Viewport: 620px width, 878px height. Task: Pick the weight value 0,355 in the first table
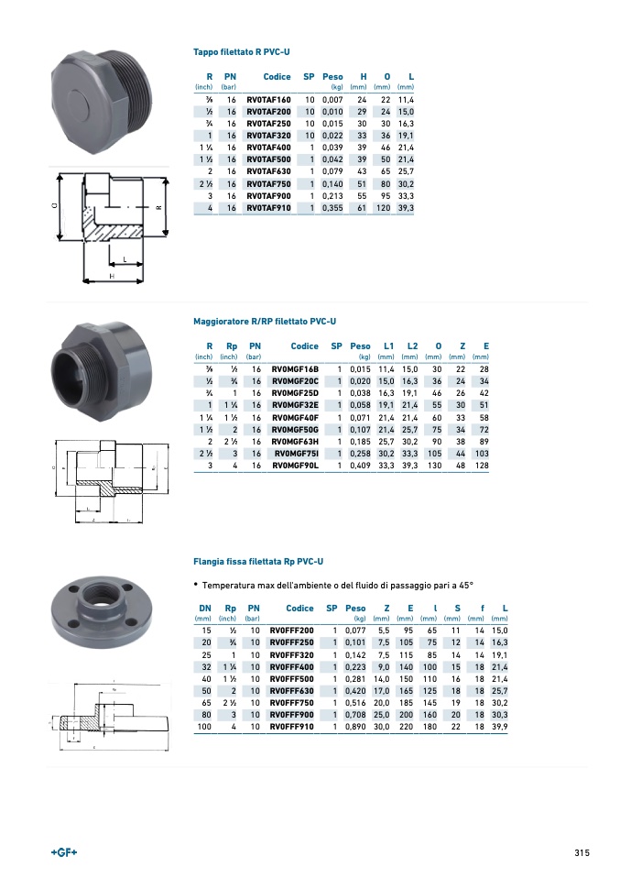pos(332,208)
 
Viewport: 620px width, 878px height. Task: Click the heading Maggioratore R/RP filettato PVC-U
pos(265,322)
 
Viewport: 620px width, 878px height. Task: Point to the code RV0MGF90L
pos(296,466)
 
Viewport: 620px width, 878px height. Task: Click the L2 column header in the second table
pos(412,346)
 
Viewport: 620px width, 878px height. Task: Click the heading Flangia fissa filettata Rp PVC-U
pos(258,561)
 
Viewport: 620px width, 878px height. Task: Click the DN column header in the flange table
pos(205,608)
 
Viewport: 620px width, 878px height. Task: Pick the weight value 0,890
pos(355,727)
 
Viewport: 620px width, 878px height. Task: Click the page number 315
pos(582,852)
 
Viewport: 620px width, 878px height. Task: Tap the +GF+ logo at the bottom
pos(63,852)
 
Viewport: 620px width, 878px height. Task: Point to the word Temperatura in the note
pos(231,585)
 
